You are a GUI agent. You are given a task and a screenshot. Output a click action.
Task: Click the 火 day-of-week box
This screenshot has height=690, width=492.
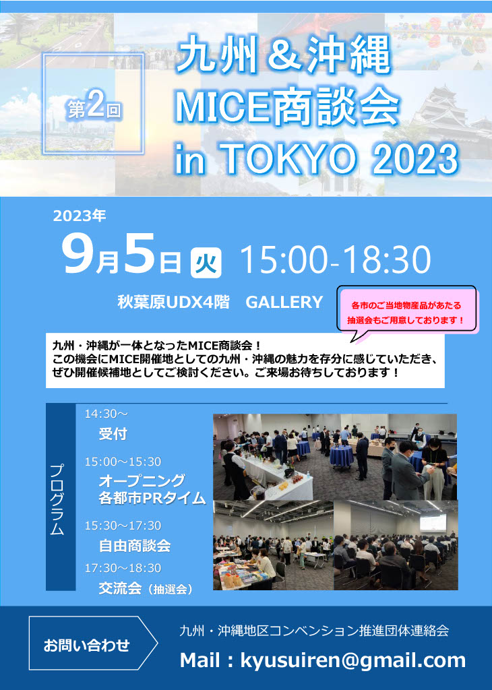coord(206,263)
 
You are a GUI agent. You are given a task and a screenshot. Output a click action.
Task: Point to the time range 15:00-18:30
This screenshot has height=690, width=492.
coord(336,260)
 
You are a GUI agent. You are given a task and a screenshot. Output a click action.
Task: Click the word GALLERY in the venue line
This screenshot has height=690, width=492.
coord(284,303)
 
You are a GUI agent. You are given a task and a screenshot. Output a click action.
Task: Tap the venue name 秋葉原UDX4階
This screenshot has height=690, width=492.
coord(173,303)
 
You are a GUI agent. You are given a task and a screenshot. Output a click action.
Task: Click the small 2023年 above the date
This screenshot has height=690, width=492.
coord(80,216)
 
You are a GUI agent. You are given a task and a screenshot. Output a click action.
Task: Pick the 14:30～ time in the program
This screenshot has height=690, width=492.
coord(106,414)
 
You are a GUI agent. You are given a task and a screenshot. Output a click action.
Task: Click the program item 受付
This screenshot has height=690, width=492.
coord(113,434)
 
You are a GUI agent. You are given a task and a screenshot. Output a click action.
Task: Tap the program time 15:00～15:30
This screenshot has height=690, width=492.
coord(123,462)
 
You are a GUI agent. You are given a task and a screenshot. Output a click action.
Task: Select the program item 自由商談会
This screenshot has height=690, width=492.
coord(135,546)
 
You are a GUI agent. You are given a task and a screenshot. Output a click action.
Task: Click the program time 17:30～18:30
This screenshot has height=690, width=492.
coord(123,568)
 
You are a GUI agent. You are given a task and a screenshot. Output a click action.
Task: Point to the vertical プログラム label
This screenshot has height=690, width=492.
coord(58,499)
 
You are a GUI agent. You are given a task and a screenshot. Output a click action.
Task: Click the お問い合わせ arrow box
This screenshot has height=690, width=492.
coord(93,644)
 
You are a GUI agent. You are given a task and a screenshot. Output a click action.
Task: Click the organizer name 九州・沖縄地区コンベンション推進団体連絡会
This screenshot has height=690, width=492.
coord(314,631)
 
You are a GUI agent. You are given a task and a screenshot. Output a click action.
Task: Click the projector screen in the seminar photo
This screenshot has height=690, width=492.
coord(433,522)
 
